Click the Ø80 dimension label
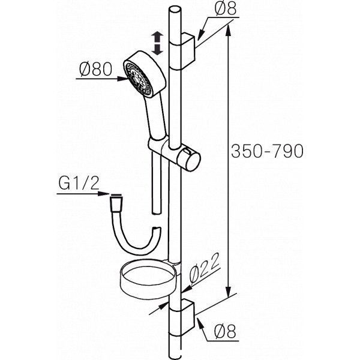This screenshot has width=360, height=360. (x=96, y=70)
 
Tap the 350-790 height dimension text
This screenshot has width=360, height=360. (x=267, y=151)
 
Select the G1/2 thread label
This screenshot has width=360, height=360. (x=79, y=184)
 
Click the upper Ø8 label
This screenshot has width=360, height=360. (x=225, y=9)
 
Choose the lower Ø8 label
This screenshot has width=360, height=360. (x=225, y=332)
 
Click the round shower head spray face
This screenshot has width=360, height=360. (x=138, y=79)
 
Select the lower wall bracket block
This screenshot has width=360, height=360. (x=187, y=318)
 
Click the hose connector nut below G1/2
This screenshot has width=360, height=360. (x=116, y=203)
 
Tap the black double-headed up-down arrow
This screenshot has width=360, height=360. (x=157, y=44)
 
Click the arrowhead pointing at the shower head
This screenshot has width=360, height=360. (x=122, y=79)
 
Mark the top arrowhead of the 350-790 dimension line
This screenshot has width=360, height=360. (x=228, y=31)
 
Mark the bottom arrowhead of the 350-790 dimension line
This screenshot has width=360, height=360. (x=228, y=292)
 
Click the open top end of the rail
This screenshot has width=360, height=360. (x=175, y=10)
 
